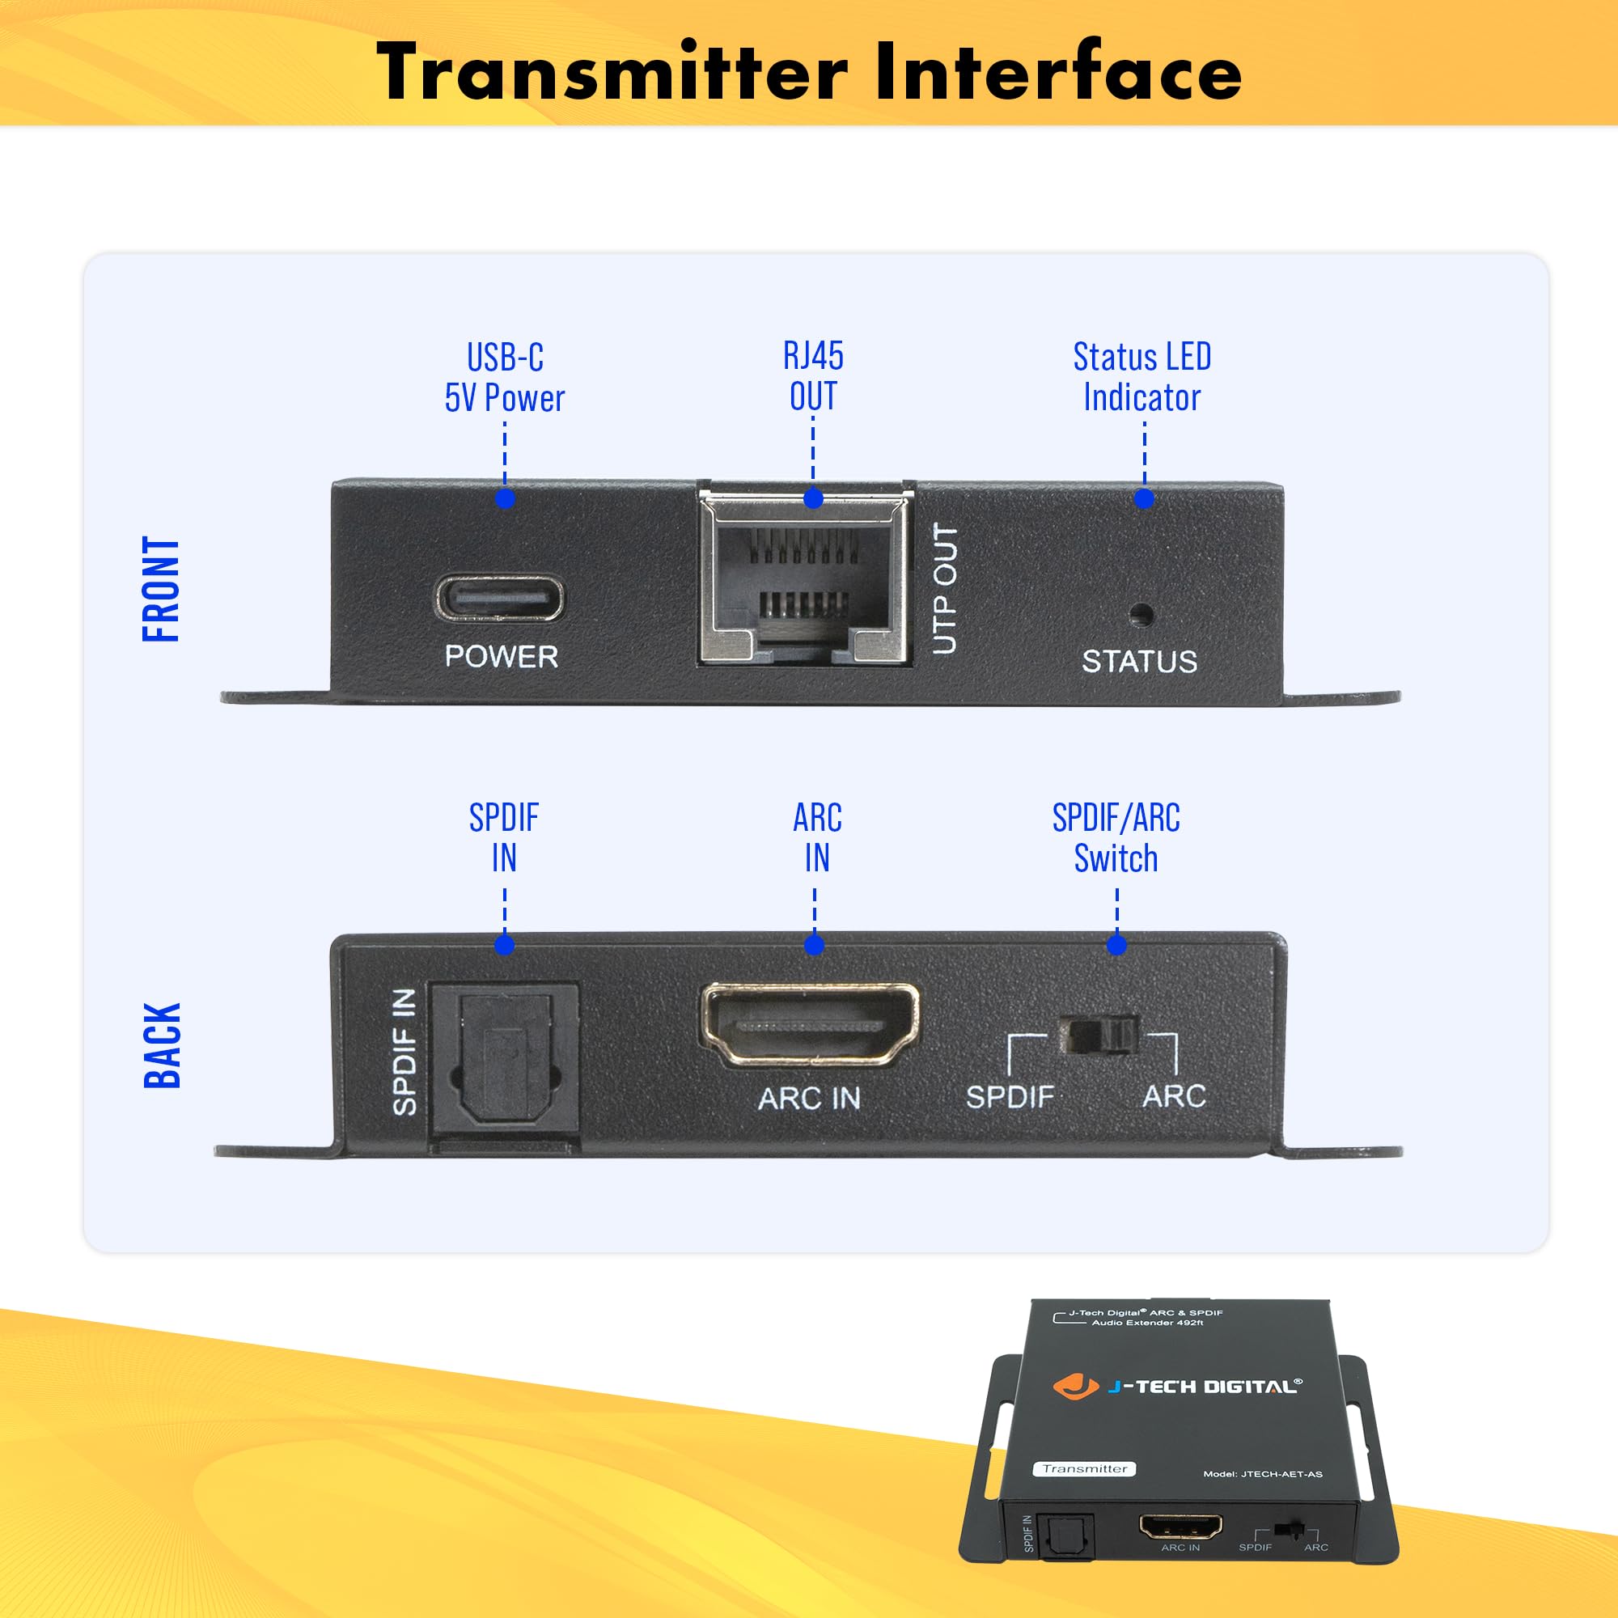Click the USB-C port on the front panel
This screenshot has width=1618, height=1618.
pos(499,598)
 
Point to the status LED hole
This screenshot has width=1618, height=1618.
pos(1141,616)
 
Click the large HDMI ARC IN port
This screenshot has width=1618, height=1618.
pos(810,1024)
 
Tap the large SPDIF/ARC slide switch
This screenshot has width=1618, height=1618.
pos(1099,1036)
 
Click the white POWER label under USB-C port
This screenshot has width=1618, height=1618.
pos(501,657)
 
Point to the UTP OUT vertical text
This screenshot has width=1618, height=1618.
pos(945,589)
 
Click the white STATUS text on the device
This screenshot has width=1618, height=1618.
pos(1139,662)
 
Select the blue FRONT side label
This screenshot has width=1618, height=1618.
pos(162,590)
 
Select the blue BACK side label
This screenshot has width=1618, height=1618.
pos(163,1045)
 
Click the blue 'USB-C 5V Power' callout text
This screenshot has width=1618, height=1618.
pos(505,378)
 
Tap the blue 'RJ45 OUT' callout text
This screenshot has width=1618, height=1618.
pos(813,376)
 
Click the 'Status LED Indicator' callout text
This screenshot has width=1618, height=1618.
pos(1142,377)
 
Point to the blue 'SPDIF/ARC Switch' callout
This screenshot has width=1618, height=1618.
pos(1116,838)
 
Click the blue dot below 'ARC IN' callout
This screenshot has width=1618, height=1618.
pos(814,946)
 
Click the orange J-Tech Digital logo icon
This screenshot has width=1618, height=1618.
pos(1074,1385)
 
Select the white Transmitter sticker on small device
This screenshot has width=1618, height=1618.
pos(1085,1468)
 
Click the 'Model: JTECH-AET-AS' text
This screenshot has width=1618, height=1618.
pos(1263,1474)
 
